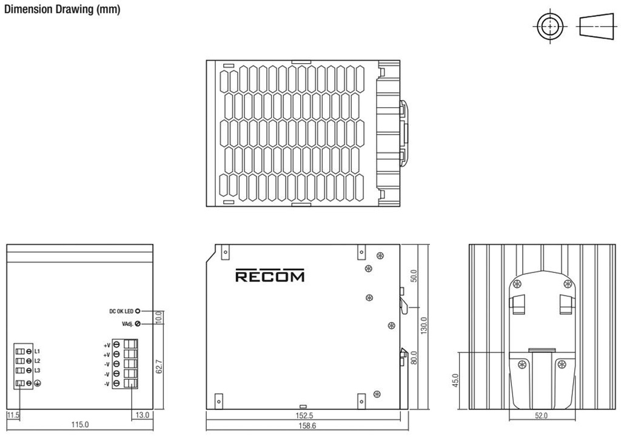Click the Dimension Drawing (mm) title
coord(62,10)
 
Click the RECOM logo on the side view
coord(270,277)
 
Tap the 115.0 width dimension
coord(80,425)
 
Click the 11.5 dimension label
coord(13,415)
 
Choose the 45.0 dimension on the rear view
coord(455,381)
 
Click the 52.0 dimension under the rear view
coord(541,416)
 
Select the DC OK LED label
coord(121,311)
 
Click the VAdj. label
coord(127,324)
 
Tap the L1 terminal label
coord(37,351)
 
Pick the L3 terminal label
coord(37,370)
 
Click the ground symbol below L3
coord(37,383)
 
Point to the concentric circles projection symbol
coord(550,27)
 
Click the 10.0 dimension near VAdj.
coord(158,317)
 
